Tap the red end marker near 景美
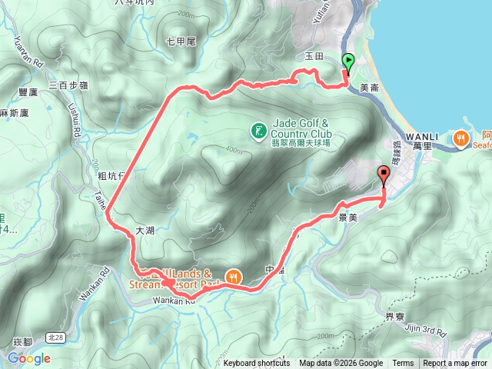384,174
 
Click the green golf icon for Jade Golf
258,129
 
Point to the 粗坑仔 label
111,176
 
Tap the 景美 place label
347,218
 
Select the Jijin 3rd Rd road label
425,332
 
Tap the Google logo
29,358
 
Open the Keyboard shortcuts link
257,364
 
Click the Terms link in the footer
403,364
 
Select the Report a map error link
455,364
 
